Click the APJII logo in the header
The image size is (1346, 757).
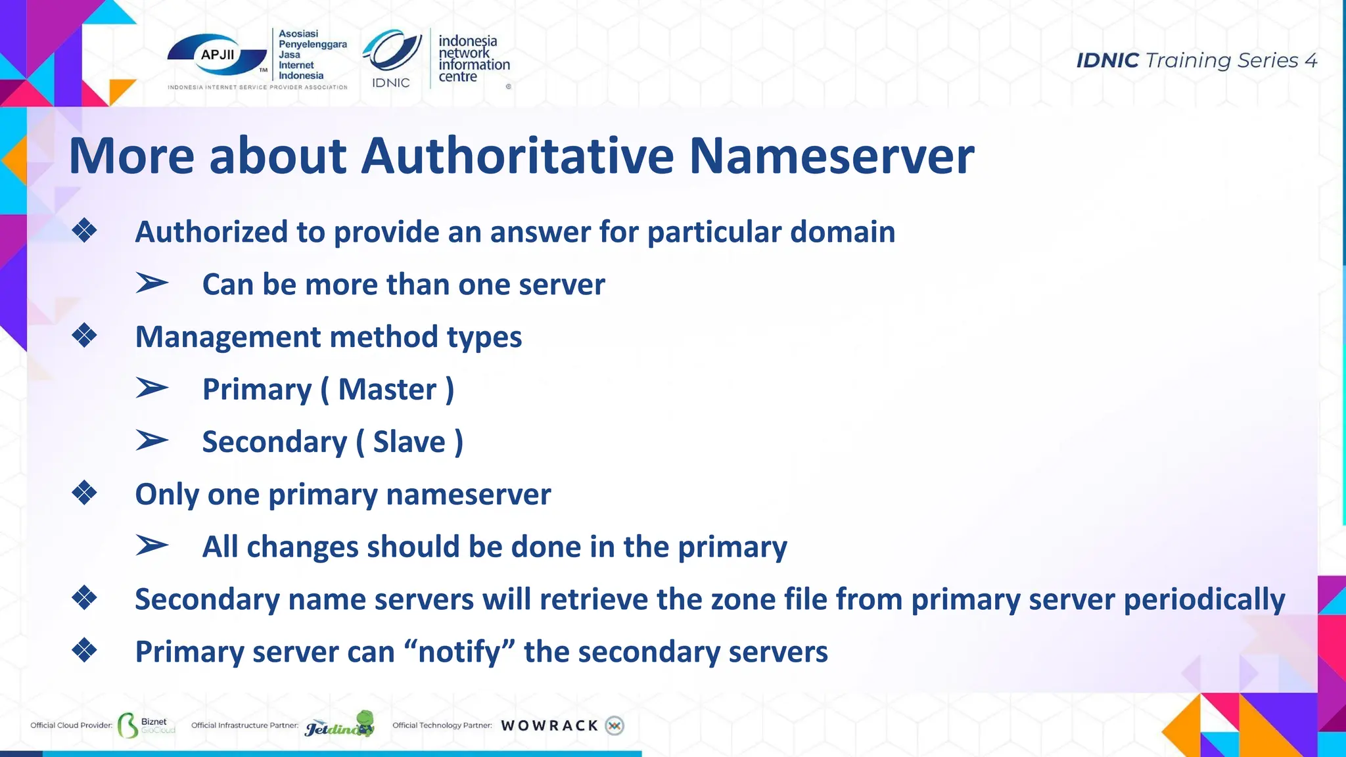(218, 56)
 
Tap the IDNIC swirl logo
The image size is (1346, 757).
(393, 53)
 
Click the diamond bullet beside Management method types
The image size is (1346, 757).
(85, 336)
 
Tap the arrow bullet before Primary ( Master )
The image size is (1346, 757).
(152, 388)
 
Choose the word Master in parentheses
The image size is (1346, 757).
(387, 389)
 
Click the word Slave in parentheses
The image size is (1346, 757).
(409, 442)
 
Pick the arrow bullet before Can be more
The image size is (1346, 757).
(152, 284)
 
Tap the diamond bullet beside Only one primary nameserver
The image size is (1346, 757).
(85, 493)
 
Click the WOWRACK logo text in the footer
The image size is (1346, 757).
(549, 725)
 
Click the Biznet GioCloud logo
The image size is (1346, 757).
(146, 725)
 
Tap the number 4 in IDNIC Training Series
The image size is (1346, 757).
(1311, 61)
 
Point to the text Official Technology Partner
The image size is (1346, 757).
(442, 725)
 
